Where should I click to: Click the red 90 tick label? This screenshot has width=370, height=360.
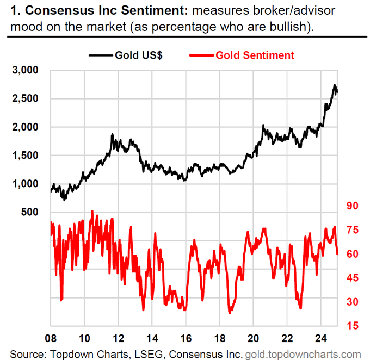[x=349, y=206]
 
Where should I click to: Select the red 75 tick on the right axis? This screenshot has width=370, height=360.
[x=349, y=230]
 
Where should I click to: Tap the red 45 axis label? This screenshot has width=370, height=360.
[x=349, y=278]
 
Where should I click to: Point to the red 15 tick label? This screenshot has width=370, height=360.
[x=349, y=325]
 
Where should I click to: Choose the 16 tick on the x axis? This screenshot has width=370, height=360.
[x=186, y=337]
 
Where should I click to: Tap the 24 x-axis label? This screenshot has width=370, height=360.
[x=321, y=337]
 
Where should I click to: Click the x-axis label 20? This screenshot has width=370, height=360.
[x=254, y=337]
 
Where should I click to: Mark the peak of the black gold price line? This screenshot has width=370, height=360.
[x=334, y=85]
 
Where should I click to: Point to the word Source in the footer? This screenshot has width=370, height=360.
[x=27, y=353]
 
